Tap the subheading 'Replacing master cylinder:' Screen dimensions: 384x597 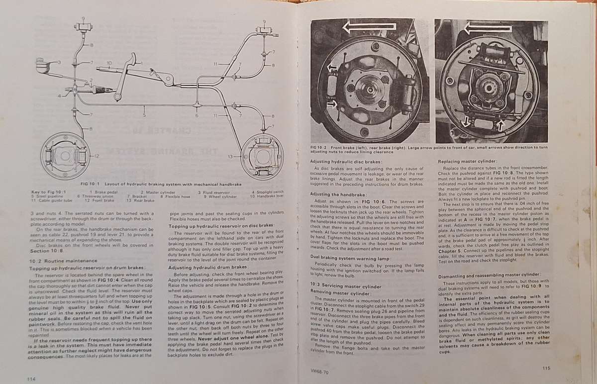coord(467,161)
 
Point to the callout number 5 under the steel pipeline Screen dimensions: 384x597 coord(145,115)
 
